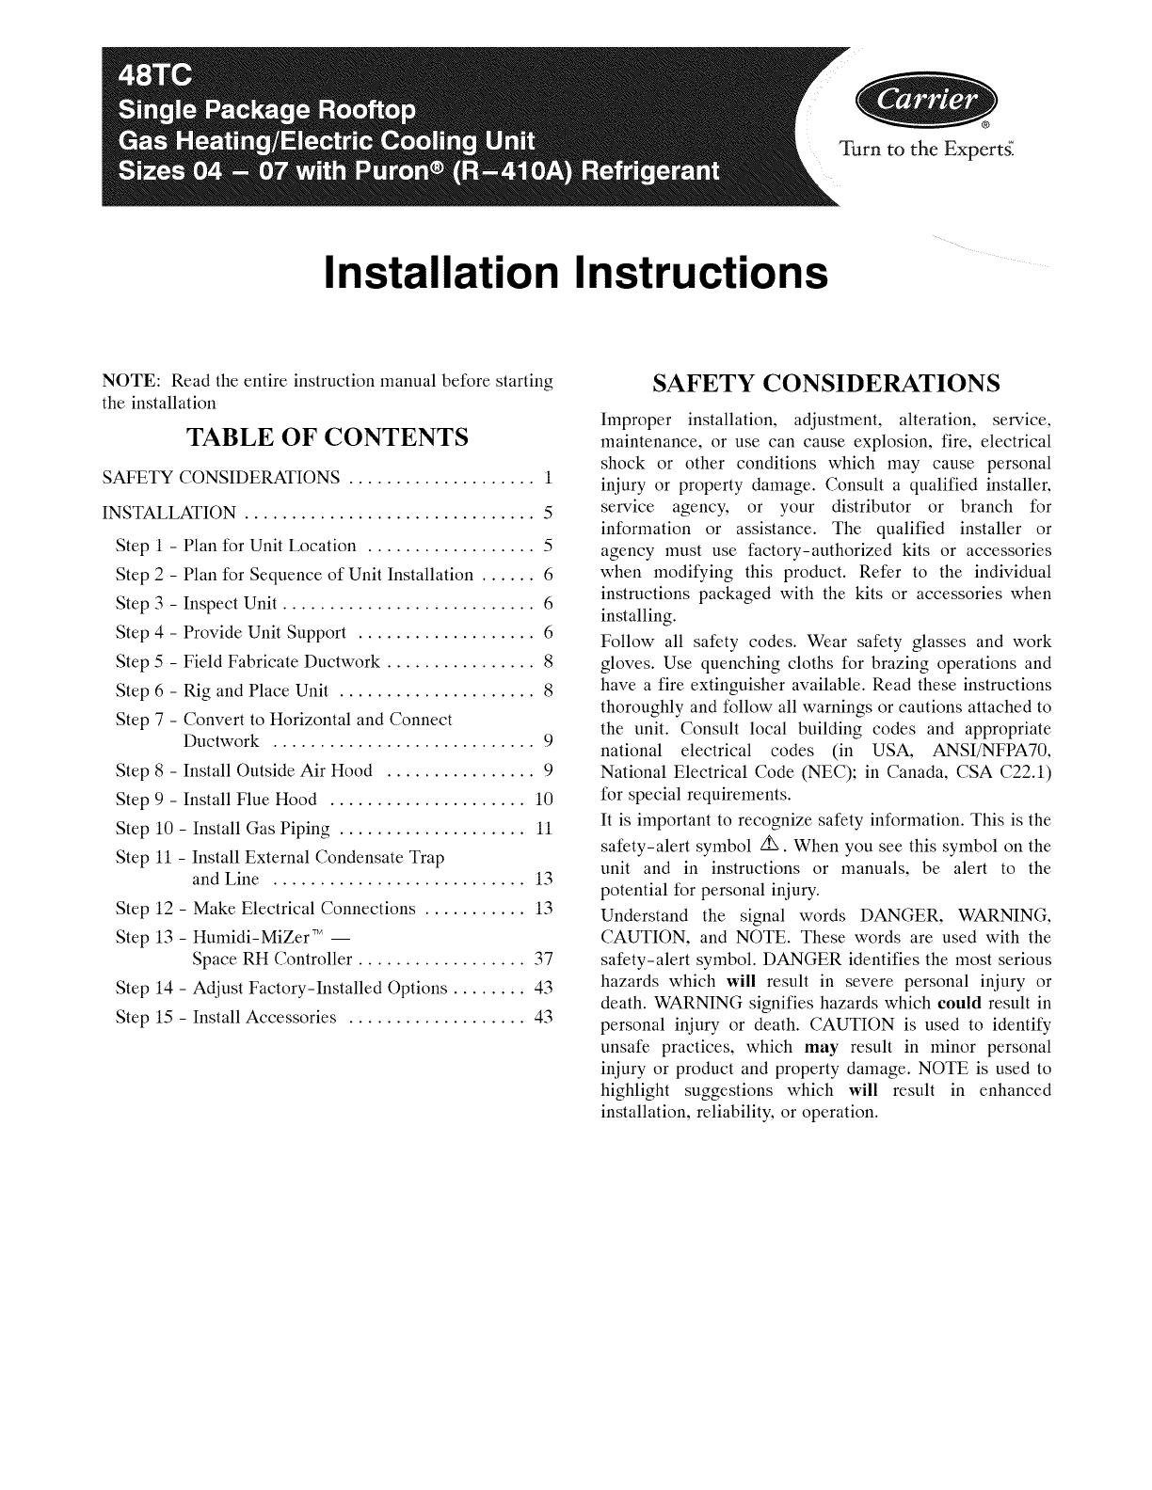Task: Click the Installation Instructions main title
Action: point(575,271)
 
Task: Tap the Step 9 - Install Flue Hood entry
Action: point(216,800)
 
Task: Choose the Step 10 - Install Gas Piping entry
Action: point(222,830)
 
